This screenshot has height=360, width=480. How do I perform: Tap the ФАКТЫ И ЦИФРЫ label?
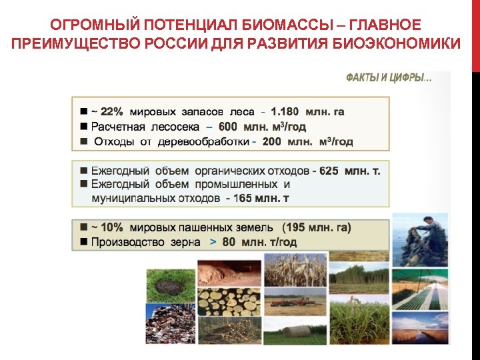[x=388, y=79]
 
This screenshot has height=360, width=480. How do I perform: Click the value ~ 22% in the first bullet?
[x=107, y=111]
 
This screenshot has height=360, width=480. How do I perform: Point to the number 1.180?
[x=285, y=111]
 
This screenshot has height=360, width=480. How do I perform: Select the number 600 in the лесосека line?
[x=227, y=127]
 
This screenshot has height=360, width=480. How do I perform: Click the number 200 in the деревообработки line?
[x=272, y=141]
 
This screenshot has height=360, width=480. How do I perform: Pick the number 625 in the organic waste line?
[x=329, y=171]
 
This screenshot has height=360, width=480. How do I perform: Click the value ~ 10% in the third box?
[x=107, y=227]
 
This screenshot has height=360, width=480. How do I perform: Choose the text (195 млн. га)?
[x=317, y=227]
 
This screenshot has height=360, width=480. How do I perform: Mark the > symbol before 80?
[x=213, y=242]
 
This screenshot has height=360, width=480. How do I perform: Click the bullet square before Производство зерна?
[x=84, y=242]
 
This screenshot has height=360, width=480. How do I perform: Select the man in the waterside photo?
[x=420, y=235]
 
